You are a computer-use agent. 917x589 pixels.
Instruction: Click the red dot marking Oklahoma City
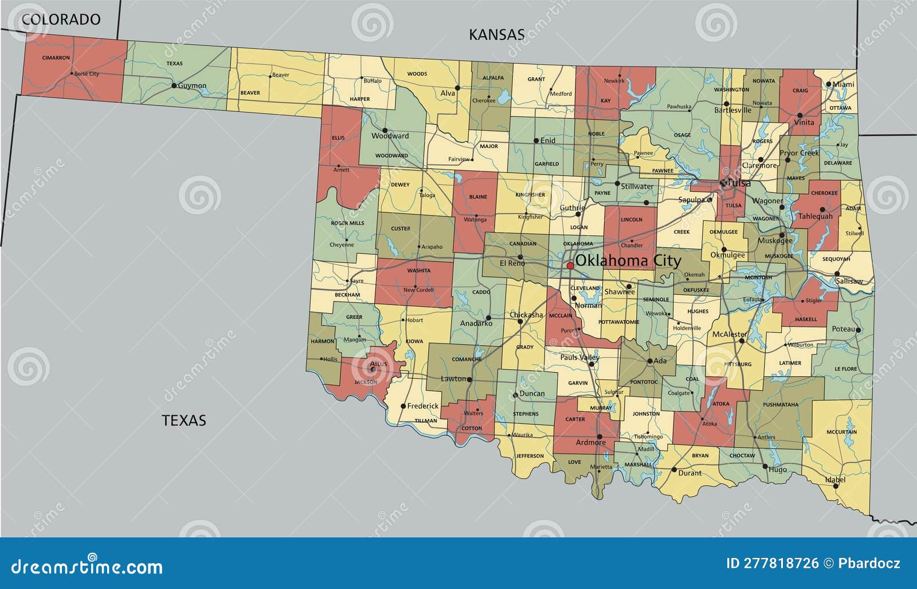click(570, 266)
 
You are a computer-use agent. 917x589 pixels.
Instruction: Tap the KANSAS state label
click(496, 34)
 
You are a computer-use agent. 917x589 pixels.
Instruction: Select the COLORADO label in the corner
click(61, 19)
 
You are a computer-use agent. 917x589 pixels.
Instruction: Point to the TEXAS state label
click(183, 420)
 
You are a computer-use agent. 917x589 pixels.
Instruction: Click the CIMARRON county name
click(56, 58)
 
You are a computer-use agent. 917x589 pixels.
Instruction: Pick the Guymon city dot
click(174, 85)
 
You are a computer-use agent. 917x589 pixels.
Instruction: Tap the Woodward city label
click(390, 136)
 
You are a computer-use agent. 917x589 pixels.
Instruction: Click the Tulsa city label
click(739, 184)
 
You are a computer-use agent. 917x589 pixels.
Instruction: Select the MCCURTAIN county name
click(841, 432)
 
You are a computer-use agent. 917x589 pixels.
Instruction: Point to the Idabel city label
click(835, 479)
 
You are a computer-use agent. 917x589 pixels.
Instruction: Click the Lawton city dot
click(469, 379)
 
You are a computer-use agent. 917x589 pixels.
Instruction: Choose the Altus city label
click(378, 364)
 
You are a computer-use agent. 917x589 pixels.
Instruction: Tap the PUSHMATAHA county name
click(781, 404)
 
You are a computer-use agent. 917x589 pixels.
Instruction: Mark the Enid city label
click(548, 141)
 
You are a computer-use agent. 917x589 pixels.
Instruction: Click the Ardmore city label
click(590, 442)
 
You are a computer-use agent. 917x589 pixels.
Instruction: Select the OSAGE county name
click(682, 135)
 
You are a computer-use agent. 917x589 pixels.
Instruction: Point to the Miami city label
click(843, 84)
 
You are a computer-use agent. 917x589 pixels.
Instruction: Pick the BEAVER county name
click(250, 93)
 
